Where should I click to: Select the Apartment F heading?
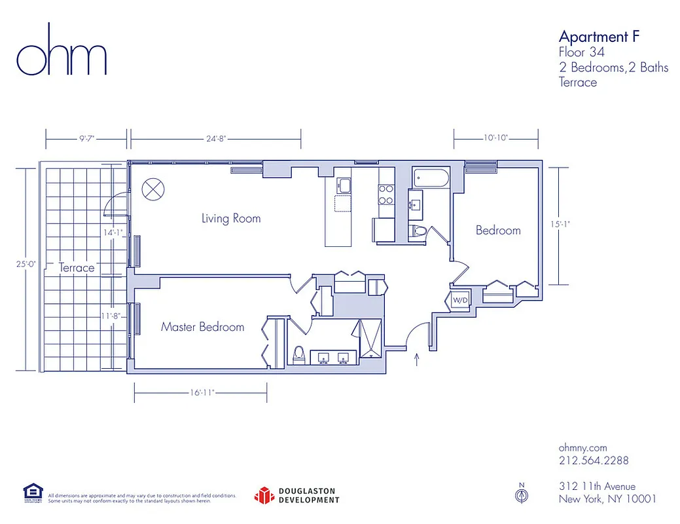598,36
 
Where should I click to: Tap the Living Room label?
231,218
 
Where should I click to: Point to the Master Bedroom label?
202,327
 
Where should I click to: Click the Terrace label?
77,267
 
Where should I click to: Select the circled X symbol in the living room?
153,189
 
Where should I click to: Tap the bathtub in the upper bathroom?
431,178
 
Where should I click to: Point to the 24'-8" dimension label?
215,138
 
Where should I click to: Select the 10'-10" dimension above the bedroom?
496,138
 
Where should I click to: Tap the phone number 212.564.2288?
594,460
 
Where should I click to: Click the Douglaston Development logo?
297,495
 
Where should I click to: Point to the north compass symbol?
522,495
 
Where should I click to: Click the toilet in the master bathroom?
298,354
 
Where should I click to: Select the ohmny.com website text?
584,447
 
